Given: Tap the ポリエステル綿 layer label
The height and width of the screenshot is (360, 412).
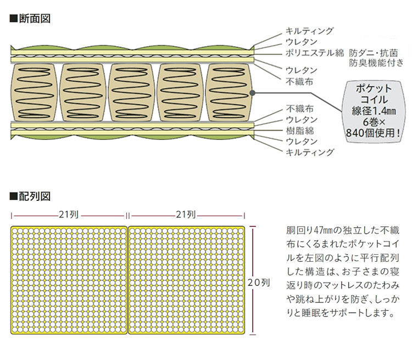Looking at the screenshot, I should pyautogui.click(x=314, y=53).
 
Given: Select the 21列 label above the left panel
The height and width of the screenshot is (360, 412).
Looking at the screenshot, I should pyautogui.click(x=69, y=215).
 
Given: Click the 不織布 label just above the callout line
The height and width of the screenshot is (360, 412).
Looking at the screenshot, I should pyautogui.click(x=300, y=81).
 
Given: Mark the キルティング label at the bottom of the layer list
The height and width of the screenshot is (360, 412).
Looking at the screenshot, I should pyautogui.click(x=309, y=152).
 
